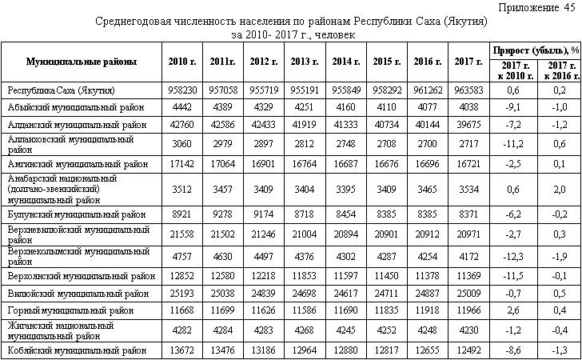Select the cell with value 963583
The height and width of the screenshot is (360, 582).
point(468,90)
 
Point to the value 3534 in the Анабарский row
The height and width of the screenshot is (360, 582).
point(468,190)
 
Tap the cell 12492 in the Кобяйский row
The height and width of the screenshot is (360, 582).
point(468,350)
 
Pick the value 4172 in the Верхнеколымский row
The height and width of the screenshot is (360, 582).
point(468,255)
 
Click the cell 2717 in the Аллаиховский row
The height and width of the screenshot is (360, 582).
point(468,144)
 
